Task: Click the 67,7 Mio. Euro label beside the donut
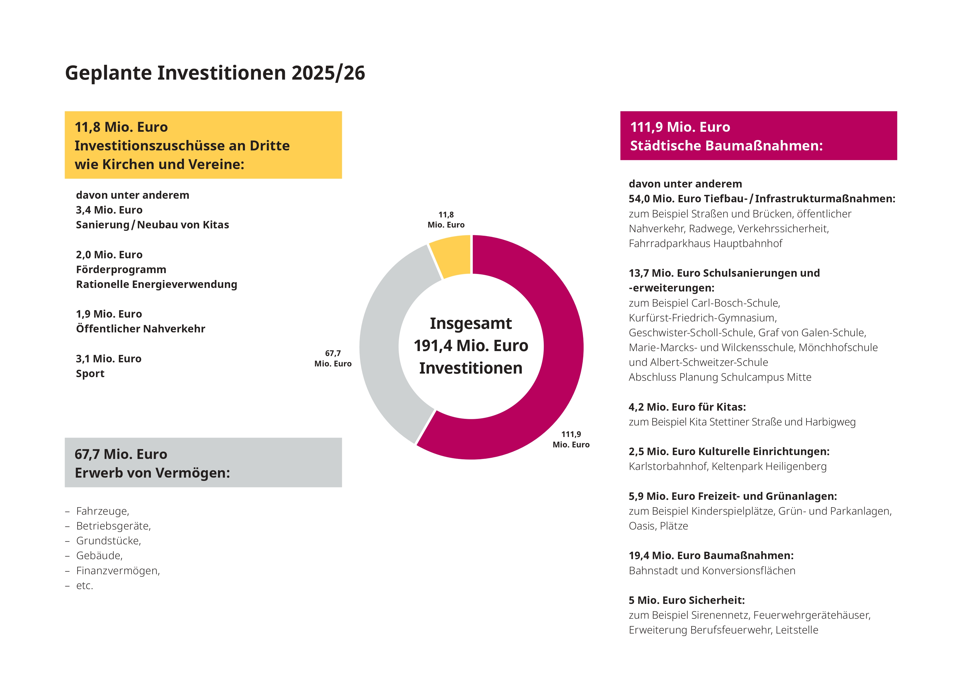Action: coord(333,358)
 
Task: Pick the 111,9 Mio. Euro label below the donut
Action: coord(571,439)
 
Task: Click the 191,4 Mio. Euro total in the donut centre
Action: coord(471,346)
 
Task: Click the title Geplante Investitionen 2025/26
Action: coord(215,73)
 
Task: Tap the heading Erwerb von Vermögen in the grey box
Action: coord(152,473)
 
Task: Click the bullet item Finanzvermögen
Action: coord(118,571)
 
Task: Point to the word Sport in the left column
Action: coord(90,374)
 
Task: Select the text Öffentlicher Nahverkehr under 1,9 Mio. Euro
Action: coord(140,329)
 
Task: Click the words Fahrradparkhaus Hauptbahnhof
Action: coord(705,244)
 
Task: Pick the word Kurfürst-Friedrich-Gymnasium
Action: coord(702,318)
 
